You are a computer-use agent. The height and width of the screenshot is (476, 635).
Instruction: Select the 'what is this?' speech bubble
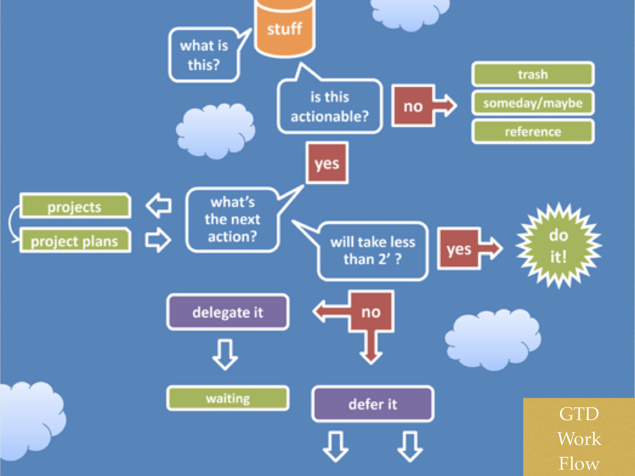click(x=204, y=55)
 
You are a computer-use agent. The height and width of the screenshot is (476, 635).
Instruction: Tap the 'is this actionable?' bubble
click(x=329, y=106)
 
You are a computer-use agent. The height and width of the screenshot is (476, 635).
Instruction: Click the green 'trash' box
click(x=533, y=74)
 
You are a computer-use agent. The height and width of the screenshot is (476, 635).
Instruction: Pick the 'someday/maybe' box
click(x=533, y=103)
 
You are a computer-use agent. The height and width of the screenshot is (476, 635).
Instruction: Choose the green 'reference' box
click(x=533, y=132)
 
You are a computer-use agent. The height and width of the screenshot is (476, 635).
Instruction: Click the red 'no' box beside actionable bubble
click(x=413, y=106)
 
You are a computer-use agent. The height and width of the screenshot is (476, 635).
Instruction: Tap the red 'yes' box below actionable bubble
click(x=327, y=163)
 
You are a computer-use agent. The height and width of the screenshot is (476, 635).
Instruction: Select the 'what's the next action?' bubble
click(x=232, y=220)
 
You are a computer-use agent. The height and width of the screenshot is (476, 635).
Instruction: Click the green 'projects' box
click(x=75, y=206)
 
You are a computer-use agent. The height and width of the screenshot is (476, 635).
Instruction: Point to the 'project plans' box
click(x=75, y=241)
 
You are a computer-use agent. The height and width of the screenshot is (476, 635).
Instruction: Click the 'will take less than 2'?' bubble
click(x=373, y=251)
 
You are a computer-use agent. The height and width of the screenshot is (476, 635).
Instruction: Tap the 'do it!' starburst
click(x=558, y=246)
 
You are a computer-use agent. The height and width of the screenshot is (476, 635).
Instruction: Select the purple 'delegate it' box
click(x=228, y=312)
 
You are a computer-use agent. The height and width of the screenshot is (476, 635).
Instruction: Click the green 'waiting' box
click(x=228, y=398)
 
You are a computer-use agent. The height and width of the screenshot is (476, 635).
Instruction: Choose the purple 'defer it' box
click(x=373, y=404)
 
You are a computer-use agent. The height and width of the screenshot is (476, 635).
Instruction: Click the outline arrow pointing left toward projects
click(x=159, y=205)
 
